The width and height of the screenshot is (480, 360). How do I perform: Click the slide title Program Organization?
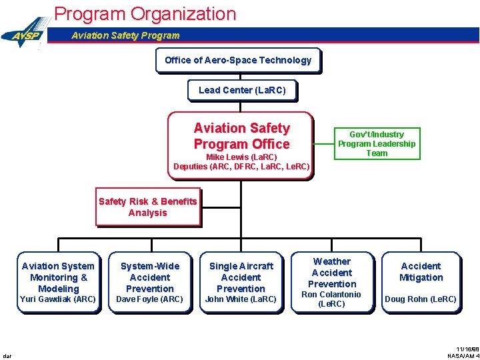(x=145, y=13)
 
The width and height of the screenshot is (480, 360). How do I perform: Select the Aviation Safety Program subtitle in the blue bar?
(x=125, y=35)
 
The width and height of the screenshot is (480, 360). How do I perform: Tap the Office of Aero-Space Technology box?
(x=238, y=60)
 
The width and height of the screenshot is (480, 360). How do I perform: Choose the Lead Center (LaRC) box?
(x=242, y=90)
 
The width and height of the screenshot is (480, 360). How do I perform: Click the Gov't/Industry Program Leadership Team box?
(x=377, y=143)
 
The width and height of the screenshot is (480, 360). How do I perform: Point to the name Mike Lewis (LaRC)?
(x=241, y=157)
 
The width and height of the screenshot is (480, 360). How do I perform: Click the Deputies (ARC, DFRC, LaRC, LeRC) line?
(x=241, y=167)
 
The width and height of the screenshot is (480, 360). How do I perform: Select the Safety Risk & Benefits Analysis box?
(x=148, y=207)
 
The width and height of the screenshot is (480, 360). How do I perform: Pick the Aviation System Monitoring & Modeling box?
(x=59, y=277)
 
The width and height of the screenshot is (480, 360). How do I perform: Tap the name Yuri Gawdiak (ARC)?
(x=59, y=299)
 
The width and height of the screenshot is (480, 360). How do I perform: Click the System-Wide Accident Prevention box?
(x=150, y=277)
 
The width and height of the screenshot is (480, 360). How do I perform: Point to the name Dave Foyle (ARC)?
(x=150, y=299)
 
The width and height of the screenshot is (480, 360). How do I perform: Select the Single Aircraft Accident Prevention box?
(x=241, y=277)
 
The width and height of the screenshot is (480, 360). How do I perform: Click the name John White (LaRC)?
(x=241, y=299)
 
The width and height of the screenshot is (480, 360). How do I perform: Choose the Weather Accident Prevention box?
(x=332, y=272)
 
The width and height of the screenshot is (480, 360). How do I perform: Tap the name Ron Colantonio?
(x=332, y=295)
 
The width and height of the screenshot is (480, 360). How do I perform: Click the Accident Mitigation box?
(x=421, y=272)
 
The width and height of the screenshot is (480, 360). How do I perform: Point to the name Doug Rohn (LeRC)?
(x=421, y=299)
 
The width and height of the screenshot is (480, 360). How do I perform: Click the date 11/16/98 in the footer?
(x=468, y=349)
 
